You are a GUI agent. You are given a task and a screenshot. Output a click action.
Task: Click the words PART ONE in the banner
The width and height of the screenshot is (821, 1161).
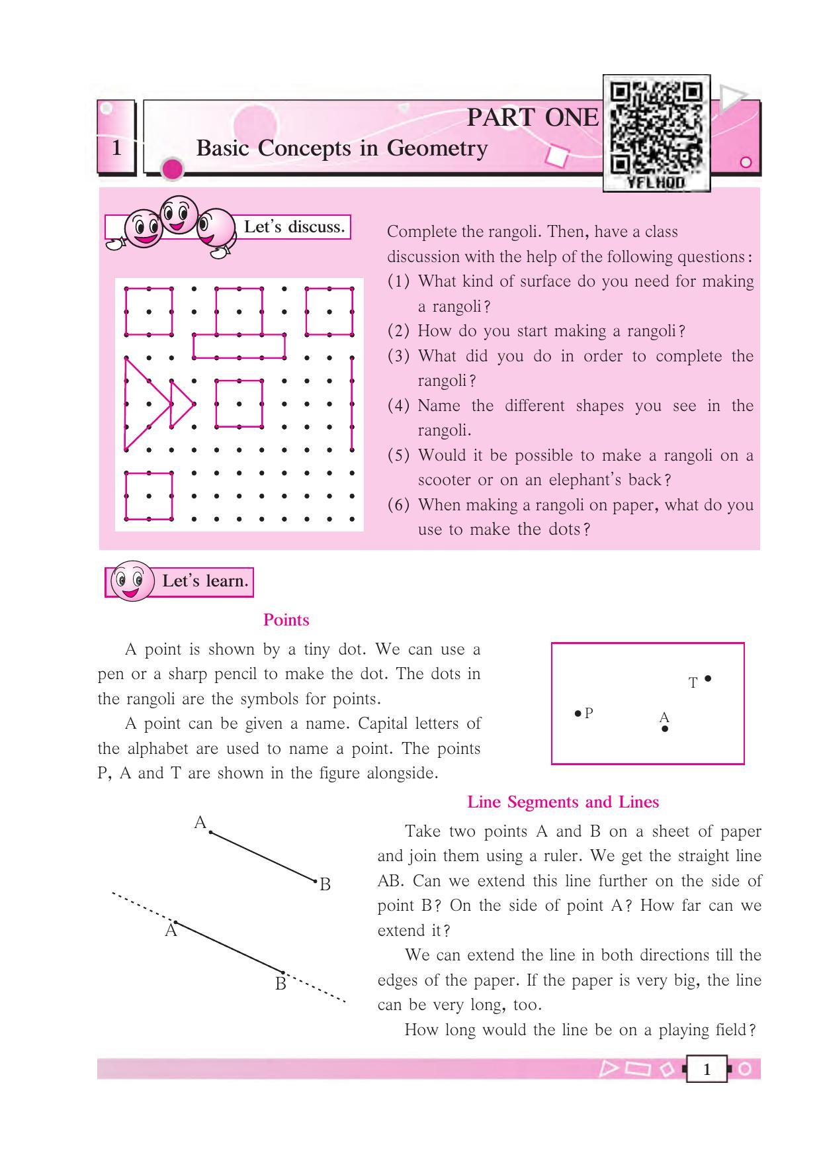pos(533,118)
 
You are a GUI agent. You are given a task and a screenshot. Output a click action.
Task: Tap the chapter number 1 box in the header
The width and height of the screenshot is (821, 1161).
pos(117,147)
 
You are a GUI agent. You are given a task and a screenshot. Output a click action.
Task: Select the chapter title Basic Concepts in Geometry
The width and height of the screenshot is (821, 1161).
pos(341,148)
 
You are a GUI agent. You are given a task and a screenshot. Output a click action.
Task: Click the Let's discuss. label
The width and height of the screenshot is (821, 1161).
pos(294,227)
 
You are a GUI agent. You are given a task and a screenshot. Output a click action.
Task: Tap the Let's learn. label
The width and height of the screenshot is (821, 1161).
pos(205,581)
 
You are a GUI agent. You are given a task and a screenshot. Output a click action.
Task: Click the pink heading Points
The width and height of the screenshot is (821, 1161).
pos(286,620)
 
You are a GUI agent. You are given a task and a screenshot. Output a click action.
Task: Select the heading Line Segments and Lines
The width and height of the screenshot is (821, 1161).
pos(563,802)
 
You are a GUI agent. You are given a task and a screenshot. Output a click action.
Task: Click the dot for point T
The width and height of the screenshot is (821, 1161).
pos(708,678)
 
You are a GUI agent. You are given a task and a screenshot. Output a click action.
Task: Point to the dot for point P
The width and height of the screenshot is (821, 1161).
pos(578,714)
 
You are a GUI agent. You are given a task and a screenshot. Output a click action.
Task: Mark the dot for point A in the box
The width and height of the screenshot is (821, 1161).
pos(665,729)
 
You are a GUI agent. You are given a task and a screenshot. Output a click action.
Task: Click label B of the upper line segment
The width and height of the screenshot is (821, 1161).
pos(325,884)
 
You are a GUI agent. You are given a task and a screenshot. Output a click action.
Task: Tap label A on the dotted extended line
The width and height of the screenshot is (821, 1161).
pos(171,931)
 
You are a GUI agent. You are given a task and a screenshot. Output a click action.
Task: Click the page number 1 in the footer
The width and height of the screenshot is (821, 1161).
pos(707,1069)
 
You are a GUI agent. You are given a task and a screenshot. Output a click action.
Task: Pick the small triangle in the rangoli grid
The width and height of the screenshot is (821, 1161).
pos(180,403)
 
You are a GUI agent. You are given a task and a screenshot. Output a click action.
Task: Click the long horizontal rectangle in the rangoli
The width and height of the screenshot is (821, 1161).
pos(239,346)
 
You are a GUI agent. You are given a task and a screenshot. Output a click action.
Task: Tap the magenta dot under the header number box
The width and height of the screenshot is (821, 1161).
pos(172,169)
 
